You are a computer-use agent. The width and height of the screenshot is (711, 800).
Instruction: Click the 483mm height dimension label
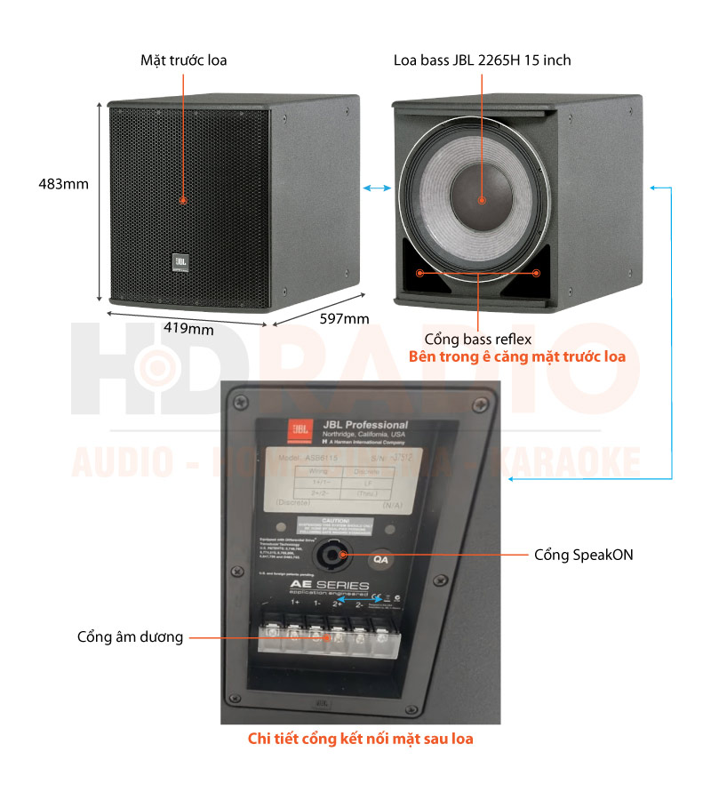63,185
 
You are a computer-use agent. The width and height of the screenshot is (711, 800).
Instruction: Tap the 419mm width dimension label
188,328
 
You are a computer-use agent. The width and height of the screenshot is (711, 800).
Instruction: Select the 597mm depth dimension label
343,319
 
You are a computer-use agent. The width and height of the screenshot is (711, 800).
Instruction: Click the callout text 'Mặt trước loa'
184,60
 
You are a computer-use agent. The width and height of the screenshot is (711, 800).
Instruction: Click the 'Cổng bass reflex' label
477,339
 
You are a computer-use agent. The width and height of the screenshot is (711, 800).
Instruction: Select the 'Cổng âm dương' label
130,636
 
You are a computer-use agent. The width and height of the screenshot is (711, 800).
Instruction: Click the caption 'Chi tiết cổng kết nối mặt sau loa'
360,738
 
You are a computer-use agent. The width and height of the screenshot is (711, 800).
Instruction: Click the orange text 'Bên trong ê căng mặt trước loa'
516,356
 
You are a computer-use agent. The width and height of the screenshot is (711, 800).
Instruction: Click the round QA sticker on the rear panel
381,559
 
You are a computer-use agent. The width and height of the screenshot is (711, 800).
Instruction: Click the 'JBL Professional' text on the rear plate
364,425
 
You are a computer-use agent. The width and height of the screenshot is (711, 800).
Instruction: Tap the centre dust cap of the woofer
480,200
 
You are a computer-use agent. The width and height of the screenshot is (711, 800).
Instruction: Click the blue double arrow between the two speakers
377,188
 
